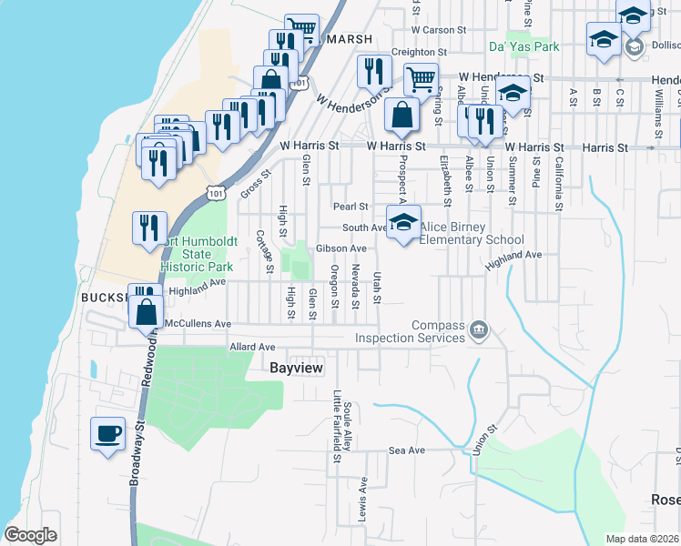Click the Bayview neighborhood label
click(300, 367)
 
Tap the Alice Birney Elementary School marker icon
click(403, 222)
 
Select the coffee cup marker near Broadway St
click(108, 433)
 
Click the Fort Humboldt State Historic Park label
click(196, 254)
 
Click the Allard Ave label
click(252, 347)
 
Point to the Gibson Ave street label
click(341, 248)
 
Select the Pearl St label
click(350, 207)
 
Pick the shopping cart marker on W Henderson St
click(420, 79)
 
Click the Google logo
click(30, 535)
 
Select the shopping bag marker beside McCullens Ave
click(146, 312)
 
